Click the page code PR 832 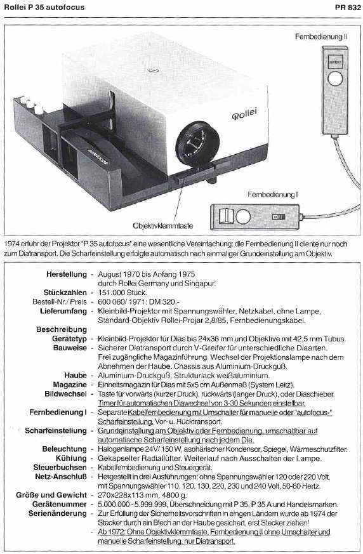pyautogui.click(x=348, y=8)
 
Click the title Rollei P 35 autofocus pyautogui.click(x=44, y=8)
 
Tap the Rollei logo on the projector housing pyautogui.click(x=244, y=114)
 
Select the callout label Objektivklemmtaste pyautogui.click(x=163, y=225)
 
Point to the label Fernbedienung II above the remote pyautogui.click(x=321, y=36)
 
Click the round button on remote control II pyautogui.click(x=335, y=79)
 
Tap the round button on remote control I pyautogui.click(x=243, y=216)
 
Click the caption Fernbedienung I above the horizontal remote pyautogui.click(x=272, y=194)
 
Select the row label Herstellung pyautogui.click(x=67, y=274)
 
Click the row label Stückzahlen pyautogui.click(x=65, y=293)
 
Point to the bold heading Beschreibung pyautogui.click(x=62, y=329)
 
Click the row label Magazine pyautogui.click(x=70, y=385)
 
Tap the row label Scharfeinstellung pyautogui.click(x=56, y=430)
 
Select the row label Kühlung pyautogui.click(x=71, y=458)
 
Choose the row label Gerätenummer pyautogui.click(x=60, y=504)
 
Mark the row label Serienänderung pyautogui.click(x=58, y=513)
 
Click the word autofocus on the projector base pyautogui.click(x=97, y=155)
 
